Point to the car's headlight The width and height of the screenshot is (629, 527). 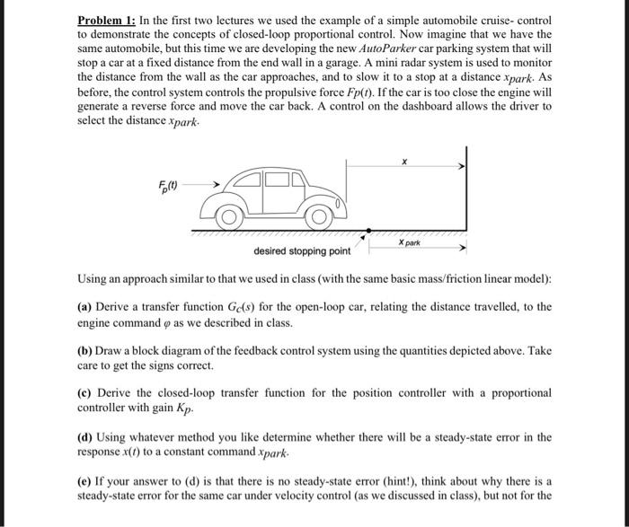(x=340, y=204)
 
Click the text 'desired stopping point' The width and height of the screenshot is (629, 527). (x=302, y=250)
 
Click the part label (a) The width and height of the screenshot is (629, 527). (x=85, y=307)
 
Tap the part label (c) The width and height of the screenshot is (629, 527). (x=85, y=393)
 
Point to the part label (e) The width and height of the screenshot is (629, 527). (x=85, y=481)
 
